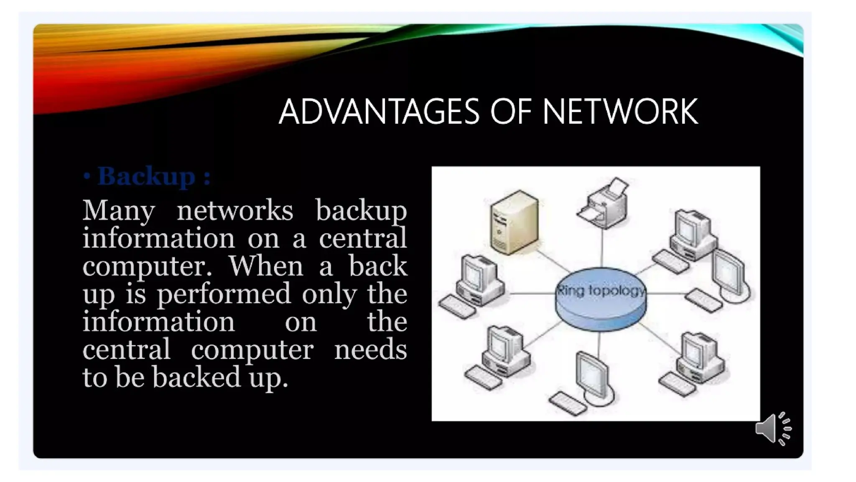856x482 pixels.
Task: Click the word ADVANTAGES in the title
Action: coord(379,112)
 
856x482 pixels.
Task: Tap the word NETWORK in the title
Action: coord(620,112)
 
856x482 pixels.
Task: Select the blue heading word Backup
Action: coord(146,176)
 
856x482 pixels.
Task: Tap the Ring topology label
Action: coord(601,290)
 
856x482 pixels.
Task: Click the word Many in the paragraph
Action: coord(118,210)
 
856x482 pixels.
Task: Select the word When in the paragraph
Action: coord(265,266)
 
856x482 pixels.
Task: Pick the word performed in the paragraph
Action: coord(224,294)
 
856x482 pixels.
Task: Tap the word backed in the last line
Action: coord(196,377)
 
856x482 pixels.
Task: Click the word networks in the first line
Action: coord(235,210)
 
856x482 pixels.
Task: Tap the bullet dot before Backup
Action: coord(87,176)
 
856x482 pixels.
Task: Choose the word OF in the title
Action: coord(510,112)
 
